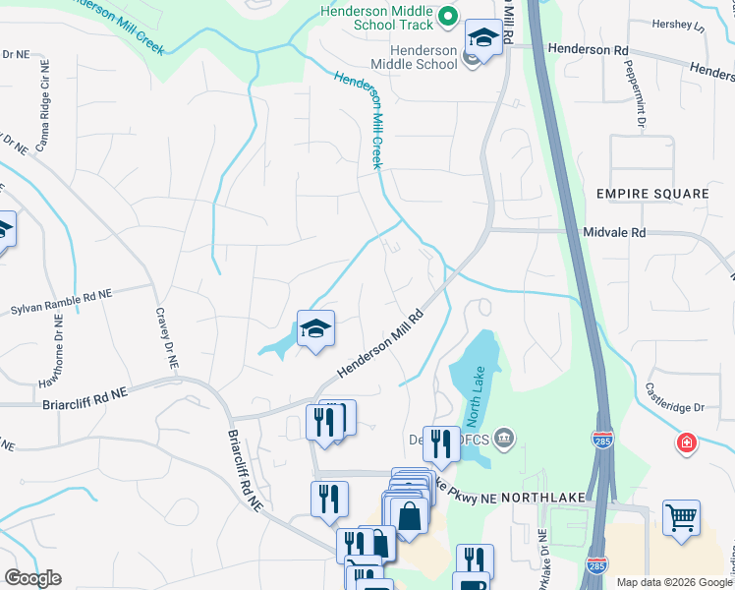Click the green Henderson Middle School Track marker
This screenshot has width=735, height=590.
(x=448, y=15)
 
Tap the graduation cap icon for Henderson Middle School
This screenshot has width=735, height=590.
(x=481, y=37)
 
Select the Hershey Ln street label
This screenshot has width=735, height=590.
(x=686, y=25)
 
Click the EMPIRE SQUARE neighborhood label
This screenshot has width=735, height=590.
(x=652, y=194)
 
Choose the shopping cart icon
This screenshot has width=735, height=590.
(x=680, y=516)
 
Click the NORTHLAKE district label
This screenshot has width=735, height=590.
(x=544, y=499)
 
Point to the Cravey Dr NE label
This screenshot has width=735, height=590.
(x=166, y=337)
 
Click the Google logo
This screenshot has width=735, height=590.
(x=32, y=578)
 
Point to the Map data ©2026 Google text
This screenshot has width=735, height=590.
(x=674, y=582)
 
